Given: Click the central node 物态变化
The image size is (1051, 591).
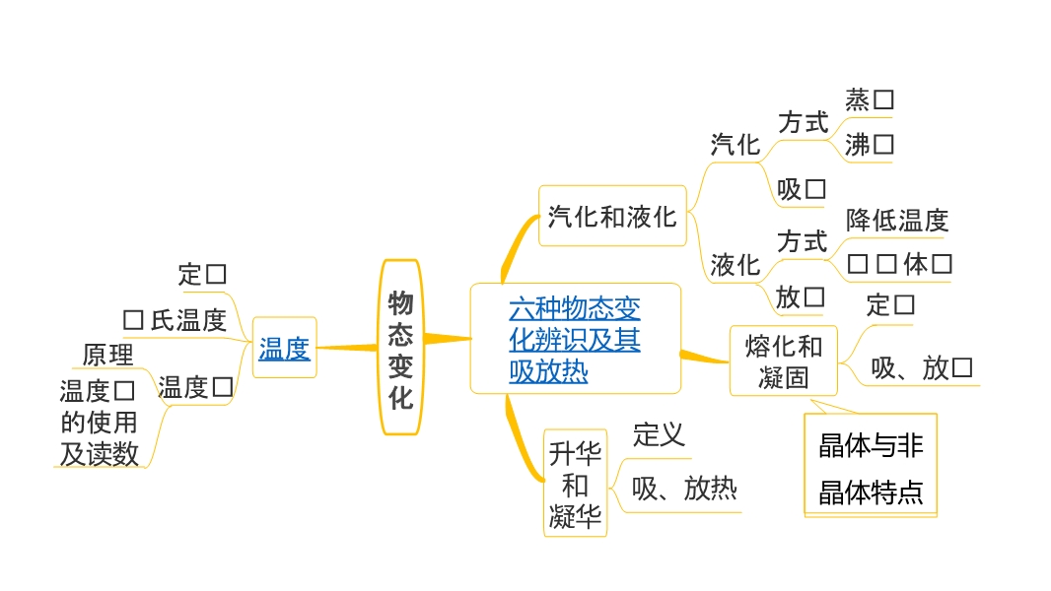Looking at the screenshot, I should [400, 348].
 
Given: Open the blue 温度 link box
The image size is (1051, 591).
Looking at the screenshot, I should [284, 348].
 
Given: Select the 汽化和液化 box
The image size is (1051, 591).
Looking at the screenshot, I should [612, 216].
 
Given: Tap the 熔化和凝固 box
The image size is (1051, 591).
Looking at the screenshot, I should [784, 361].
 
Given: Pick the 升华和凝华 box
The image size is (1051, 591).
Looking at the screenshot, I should [575, 484].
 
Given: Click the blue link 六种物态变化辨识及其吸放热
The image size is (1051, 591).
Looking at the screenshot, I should [575, 340].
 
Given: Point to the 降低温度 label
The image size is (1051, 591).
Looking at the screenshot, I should [897, 220].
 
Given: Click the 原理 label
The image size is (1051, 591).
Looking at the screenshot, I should [107, 354].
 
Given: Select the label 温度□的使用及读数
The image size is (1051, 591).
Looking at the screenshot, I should [99, 423].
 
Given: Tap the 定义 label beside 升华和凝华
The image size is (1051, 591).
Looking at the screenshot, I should [659, 434].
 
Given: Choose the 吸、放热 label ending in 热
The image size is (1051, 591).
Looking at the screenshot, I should [684, 489].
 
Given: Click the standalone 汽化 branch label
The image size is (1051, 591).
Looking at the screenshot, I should [736, 145].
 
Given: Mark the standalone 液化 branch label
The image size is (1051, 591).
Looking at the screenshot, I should [736, 265].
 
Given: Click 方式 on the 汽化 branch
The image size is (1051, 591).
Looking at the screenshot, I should [803, 123].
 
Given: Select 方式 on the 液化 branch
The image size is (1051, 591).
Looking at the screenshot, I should [803, 241].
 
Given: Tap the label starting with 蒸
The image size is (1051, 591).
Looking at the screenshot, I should [870, 99].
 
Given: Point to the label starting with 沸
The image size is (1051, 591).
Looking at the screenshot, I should [870, 145].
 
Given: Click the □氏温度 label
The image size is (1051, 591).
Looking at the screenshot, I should [175, 320].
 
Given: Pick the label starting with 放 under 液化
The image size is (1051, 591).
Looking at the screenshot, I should [800, 296].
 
